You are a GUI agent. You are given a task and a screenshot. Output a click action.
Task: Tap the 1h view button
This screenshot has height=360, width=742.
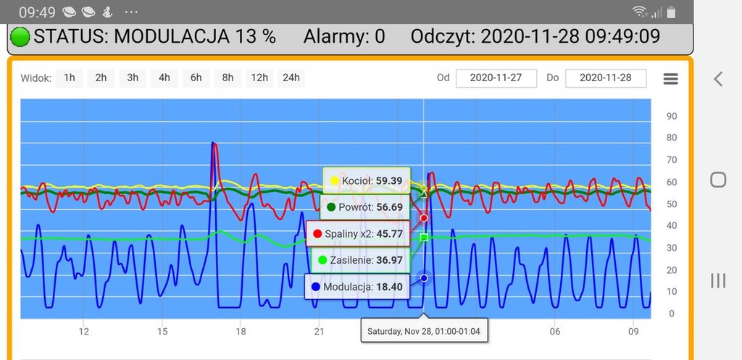[x=69, y=78]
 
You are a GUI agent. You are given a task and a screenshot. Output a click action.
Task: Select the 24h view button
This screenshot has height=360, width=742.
[x=291, y=78]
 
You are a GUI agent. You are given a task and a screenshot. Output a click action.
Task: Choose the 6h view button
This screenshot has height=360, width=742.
[x=196, y=78]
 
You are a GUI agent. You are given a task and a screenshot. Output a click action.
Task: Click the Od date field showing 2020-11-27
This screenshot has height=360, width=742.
[x=496, y=78]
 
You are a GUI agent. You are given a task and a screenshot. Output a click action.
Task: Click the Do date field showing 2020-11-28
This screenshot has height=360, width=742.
[x=606, y=78]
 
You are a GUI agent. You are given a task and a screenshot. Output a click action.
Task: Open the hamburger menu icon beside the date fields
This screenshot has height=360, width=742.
[x=671, y=79]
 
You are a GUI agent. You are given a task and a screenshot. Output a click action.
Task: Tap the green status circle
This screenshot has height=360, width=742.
[x=20, y=36]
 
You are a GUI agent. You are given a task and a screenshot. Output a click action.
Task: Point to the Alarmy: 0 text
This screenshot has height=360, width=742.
[x=344, y=36]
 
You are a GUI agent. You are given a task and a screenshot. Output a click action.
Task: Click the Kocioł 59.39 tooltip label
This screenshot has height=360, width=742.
[x=366, y=180]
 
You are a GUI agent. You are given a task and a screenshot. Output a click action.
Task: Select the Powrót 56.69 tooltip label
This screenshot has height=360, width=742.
[x=365, y=207]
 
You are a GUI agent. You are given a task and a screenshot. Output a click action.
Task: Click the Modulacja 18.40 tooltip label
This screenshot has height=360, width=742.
[x=357, y=287]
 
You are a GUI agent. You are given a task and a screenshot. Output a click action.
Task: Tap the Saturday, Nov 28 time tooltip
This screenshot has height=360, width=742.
[x=424, y=331]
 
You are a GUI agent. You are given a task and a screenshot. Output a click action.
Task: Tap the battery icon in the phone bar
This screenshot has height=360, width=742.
[x=672, y=12]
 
